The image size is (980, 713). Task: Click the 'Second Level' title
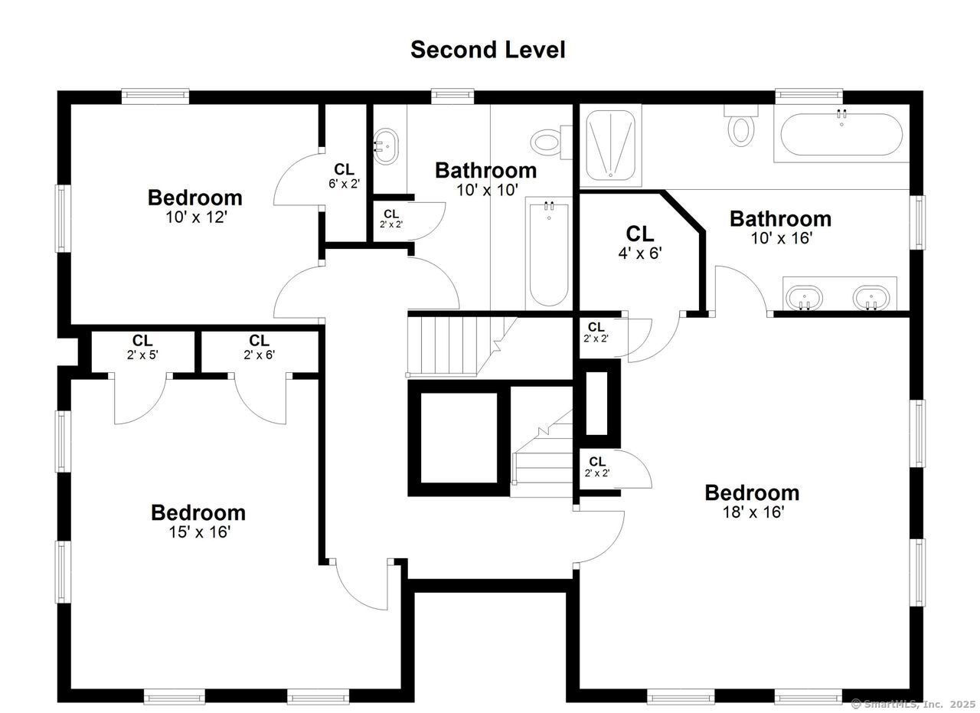coord(488,50)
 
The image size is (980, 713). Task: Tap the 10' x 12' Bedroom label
coord(194,206)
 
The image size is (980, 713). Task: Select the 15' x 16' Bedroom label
coord(198,521)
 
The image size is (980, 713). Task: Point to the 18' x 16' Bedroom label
coord(752,501)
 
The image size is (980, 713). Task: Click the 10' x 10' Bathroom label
coord(486,178)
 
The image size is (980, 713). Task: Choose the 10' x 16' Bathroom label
coord(780,227)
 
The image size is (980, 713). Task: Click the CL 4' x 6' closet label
coord(639,242)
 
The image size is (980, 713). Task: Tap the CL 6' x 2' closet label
coord(344,175)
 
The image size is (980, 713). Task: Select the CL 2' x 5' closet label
coord(142,347)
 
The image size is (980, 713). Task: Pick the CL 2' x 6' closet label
coord(259,347)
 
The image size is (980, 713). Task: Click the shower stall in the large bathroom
coord(609,145)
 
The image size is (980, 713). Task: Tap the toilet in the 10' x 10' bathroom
coord(546,142)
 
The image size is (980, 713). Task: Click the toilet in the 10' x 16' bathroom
coord(740,127)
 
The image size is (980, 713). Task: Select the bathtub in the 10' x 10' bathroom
coord(548,253)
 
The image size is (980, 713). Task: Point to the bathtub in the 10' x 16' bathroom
coord(841,135)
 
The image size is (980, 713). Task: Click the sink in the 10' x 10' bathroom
coord(385,146)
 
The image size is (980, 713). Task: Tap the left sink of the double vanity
coord(804,297)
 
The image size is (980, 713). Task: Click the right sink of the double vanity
coord(871,297)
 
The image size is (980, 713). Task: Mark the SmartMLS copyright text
coord(913,703)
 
